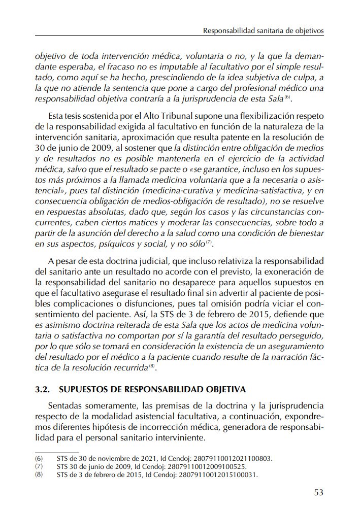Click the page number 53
318,492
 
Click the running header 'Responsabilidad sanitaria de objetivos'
263,30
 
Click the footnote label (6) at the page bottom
39,458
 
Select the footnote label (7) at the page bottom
39,466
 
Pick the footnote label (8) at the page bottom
39,475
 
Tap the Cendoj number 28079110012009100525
207,466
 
